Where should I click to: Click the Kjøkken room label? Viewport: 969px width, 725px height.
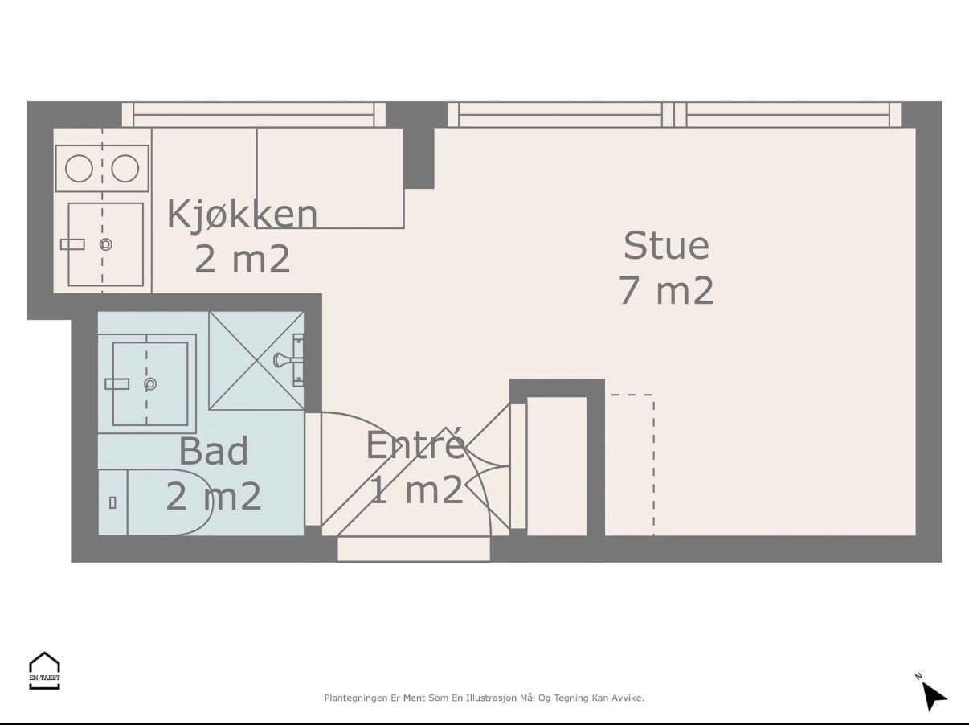pos(242,215)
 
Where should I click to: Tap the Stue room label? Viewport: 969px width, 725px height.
pos(666,245)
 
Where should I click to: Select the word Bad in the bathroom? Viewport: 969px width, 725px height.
pos(213,451)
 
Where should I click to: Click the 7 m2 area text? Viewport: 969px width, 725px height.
pos(666,290)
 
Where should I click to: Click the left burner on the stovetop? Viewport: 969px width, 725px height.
pos(79,168)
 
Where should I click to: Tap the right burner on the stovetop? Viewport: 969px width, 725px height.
pos(125,168)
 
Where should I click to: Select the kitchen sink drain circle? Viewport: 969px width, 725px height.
pos(106,244)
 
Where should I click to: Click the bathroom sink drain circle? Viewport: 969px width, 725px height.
pos(150,384)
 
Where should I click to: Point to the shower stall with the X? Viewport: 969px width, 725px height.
pos(256,361)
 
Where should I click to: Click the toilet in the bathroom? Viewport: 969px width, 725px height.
pos(155,502)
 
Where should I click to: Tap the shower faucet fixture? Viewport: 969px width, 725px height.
pos(289,360)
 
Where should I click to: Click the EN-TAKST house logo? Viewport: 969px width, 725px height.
pos(44,670)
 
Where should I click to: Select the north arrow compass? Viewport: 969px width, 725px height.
pos(932,694)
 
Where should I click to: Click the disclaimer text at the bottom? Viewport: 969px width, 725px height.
pos(484,698)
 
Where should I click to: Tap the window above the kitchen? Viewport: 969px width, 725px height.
pos(254,115)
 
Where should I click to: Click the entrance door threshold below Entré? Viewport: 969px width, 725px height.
pos(414,549)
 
